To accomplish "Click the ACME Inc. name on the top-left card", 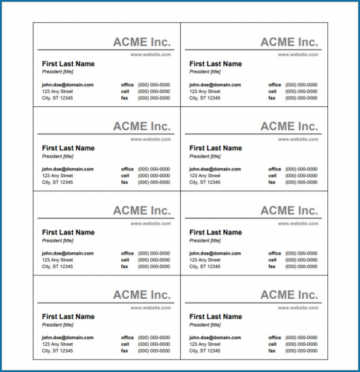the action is (x=141, y=42).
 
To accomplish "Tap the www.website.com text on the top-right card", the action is (x=298, y=54).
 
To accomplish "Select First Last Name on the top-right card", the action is (x=215, y=64).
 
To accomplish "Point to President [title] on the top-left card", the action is (x=57, y=72).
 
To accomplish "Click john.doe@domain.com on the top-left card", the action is (x=68, y=85).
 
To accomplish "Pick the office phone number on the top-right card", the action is (x=301, y=85).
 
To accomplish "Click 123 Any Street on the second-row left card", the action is (x=57, y=176).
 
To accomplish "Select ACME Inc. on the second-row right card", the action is (x=289, y=126).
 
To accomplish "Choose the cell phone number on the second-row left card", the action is (x=154, y=176).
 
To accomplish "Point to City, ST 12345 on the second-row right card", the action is (x=205, y=182).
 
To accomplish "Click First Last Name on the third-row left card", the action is (x=68, y=232).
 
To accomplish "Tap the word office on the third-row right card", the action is (x=274, y=253).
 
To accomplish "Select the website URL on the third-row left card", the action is (x=151, y=222).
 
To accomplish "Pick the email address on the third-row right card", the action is (x=215, y=253).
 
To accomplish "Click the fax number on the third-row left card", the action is (x=154, y=266).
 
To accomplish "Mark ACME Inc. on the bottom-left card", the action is (x=141, y=295).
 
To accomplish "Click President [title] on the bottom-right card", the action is (x=205, y=324).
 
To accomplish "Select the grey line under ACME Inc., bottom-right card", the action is (x=253, y=303).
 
